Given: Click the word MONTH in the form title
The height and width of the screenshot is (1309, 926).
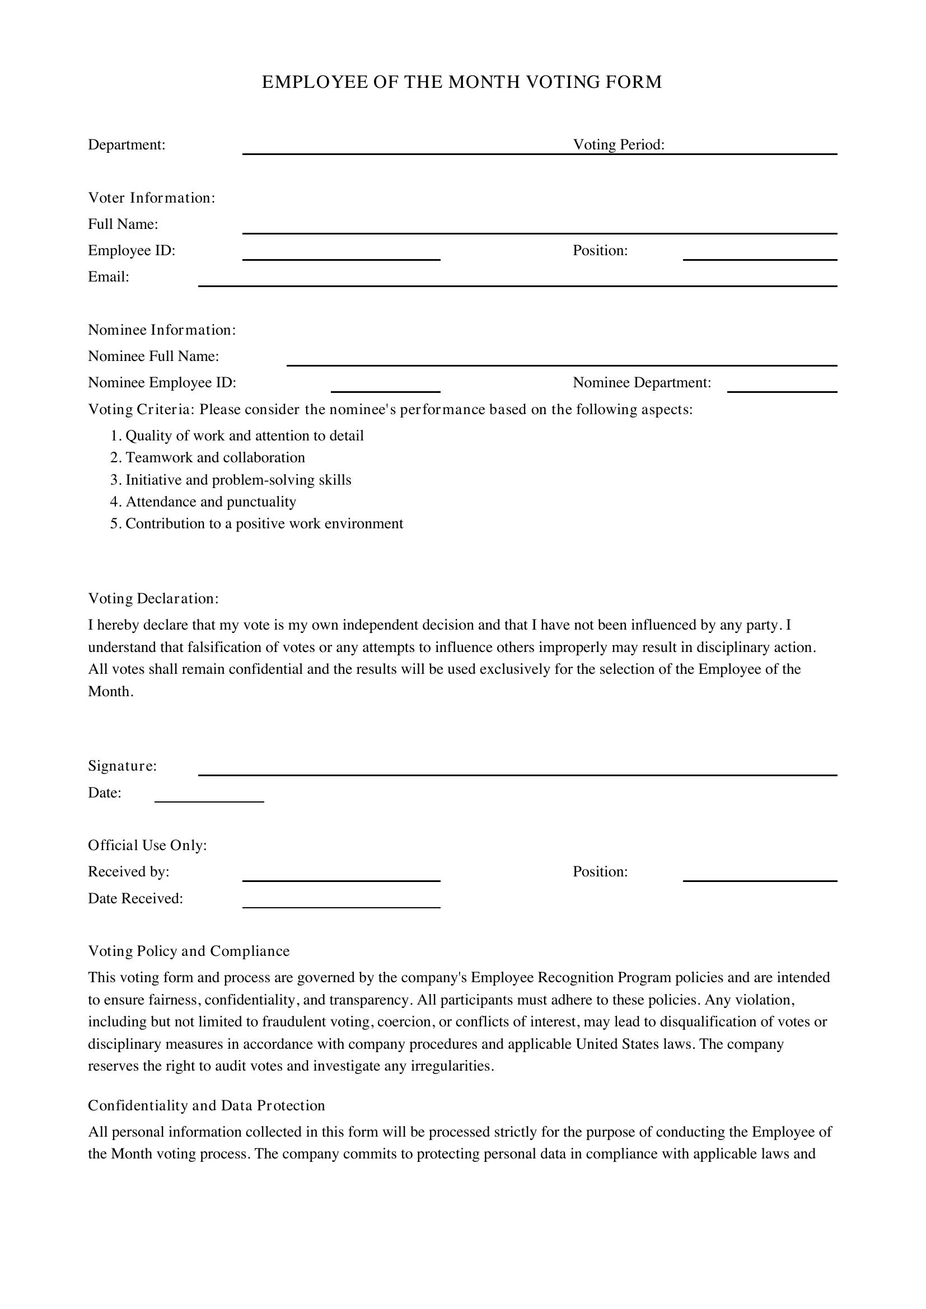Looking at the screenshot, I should (x=484, y=82).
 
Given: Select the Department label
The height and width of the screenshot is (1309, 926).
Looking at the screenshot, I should (x=127, y=145).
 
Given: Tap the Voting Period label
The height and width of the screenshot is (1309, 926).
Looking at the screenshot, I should (x=619, y=145).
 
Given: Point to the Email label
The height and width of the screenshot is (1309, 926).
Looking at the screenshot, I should (x=109, y=277).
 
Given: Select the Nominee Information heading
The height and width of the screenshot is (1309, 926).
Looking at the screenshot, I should (x=162, y=330).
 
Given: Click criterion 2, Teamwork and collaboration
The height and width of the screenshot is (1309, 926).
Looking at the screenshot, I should (x=214, y=458).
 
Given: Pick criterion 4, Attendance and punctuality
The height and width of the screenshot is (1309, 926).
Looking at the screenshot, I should (x=211, y=501).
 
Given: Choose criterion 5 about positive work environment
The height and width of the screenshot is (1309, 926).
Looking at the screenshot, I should (x=264, y=524).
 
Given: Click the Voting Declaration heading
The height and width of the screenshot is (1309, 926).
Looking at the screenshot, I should (x=153, y=599).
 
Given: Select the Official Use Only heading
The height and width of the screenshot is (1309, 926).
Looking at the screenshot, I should (x=147, y=846).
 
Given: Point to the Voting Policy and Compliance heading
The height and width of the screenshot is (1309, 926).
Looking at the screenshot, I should (x=189, y=951).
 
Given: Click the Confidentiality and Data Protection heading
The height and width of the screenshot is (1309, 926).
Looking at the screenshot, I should (x=207, y=1105).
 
